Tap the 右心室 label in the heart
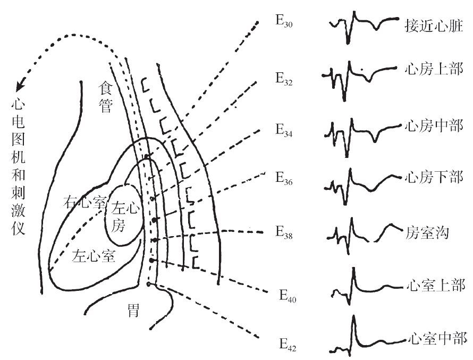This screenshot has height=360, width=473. coord(85,202)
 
